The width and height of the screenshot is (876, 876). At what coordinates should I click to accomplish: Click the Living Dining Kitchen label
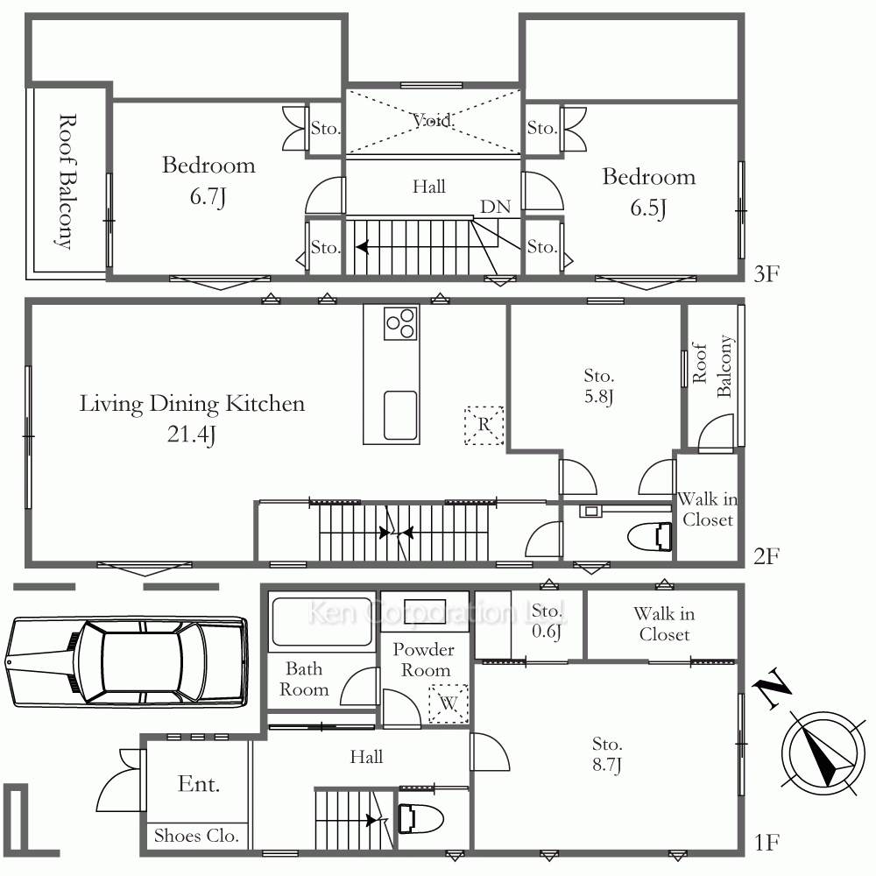pyautogui.click(x=192, y=404)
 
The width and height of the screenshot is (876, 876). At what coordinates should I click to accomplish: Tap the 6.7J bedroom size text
pyautogui.click(x=208, y=196)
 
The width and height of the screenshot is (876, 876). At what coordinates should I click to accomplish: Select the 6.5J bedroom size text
pyautogui.click(x=648, y=208)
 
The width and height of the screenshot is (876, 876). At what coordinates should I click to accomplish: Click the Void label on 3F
pyautogui.click(x=433, y=120)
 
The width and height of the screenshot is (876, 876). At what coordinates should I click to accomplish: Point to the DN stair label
pyautogui.click(x=496, y=207)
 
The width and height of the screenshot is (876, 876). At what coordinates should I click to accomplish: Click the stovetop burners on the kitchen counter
pyautogui.click(x=401, y=323)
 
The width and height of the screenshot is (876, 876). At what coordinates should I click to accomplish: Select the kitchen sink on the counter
pyautogui.click(x=400, y=415)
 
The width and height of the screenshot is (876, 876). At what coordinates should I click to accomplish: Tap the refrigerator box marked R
pyautogui.click(x=484, y=425)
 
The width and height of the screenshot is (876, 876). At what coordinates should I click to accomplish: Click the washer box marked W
pyautogui.click(x=449, y=704)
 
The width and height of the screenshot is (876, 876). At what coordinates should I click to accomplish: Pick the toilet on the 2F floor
pyautogui.click(x=650, y=537)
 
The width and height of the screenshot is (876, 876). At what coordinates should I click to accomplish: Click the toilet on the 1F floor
pyautogui.click(x=420, y=819)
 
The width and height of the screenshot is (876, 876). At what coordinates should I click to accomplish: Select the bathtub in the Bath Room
pyautogui.click(x=321, y=621)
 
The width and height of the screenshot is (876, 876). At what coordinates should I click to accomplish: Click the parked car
pyautogui.click(x=126, y=662)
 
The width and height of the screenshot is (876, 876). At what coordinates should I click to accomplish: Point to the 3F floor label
pyautogui.click(x=766, y=274)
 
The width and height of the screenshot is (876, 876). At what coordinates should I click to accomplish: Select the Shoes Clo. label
pyautogui.click(x=196, y=836)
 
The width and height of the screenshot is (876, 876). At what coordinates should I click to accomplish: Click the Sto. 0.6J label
pyautogui.click(x=547, y=621)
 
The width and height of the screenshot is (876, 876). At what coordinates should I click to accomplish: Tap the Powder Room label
pyautogui.click(x=423, y=660)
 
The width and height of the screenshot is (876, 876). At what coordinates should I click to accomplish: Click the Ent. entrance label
pyautogui.click(x=198, y=784)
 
